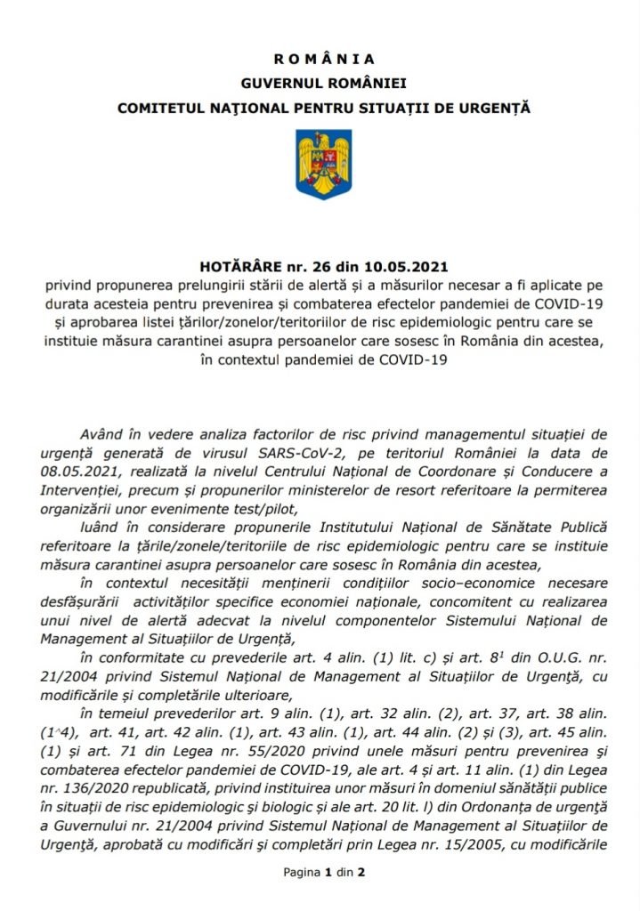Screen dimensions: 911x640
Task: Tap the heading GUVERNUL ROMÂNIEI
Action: click(323, 83)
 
